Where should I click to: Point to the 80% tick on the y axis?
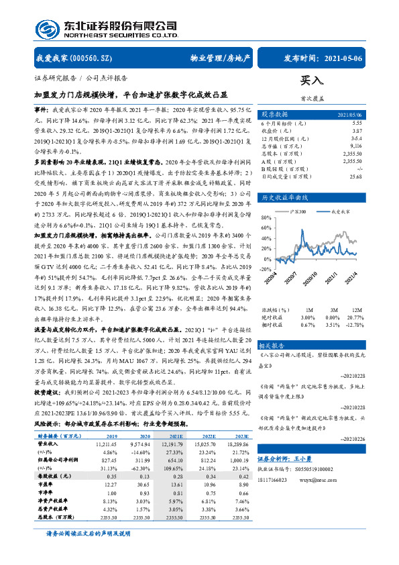(x=266, y=218)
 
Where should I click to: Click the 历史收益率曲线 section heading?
(x=284, y=198)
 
